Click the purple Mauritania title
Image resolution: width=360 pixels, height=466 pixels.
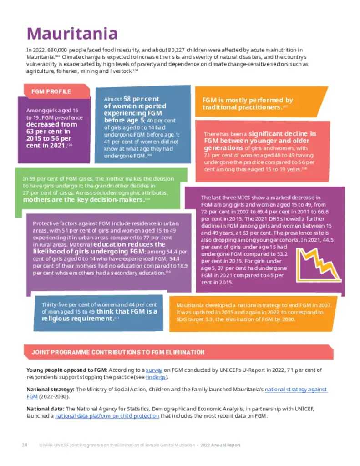(x=72, y=33)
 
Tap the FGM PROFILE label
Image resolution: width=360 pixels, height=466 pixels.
(x=51, y=91)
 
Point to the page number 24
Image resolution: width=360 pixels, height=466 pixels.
(x=25, y=445)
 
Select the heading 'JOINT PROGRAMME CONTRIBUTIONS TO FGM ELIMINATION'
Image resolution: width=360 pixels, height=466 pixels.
(x=118, y=352)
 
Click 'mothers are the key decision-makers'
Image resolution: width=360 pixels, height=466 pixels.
(x=83, y=199)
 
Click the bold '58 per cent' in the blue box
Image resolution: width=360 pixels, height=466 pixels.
(x=141, y=99)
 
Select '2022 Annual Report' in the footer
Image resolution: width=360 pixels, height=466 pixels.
(x=221, y=445)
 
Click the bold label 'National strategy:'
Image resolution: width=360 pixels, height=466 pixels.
(x=50, y=390)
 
